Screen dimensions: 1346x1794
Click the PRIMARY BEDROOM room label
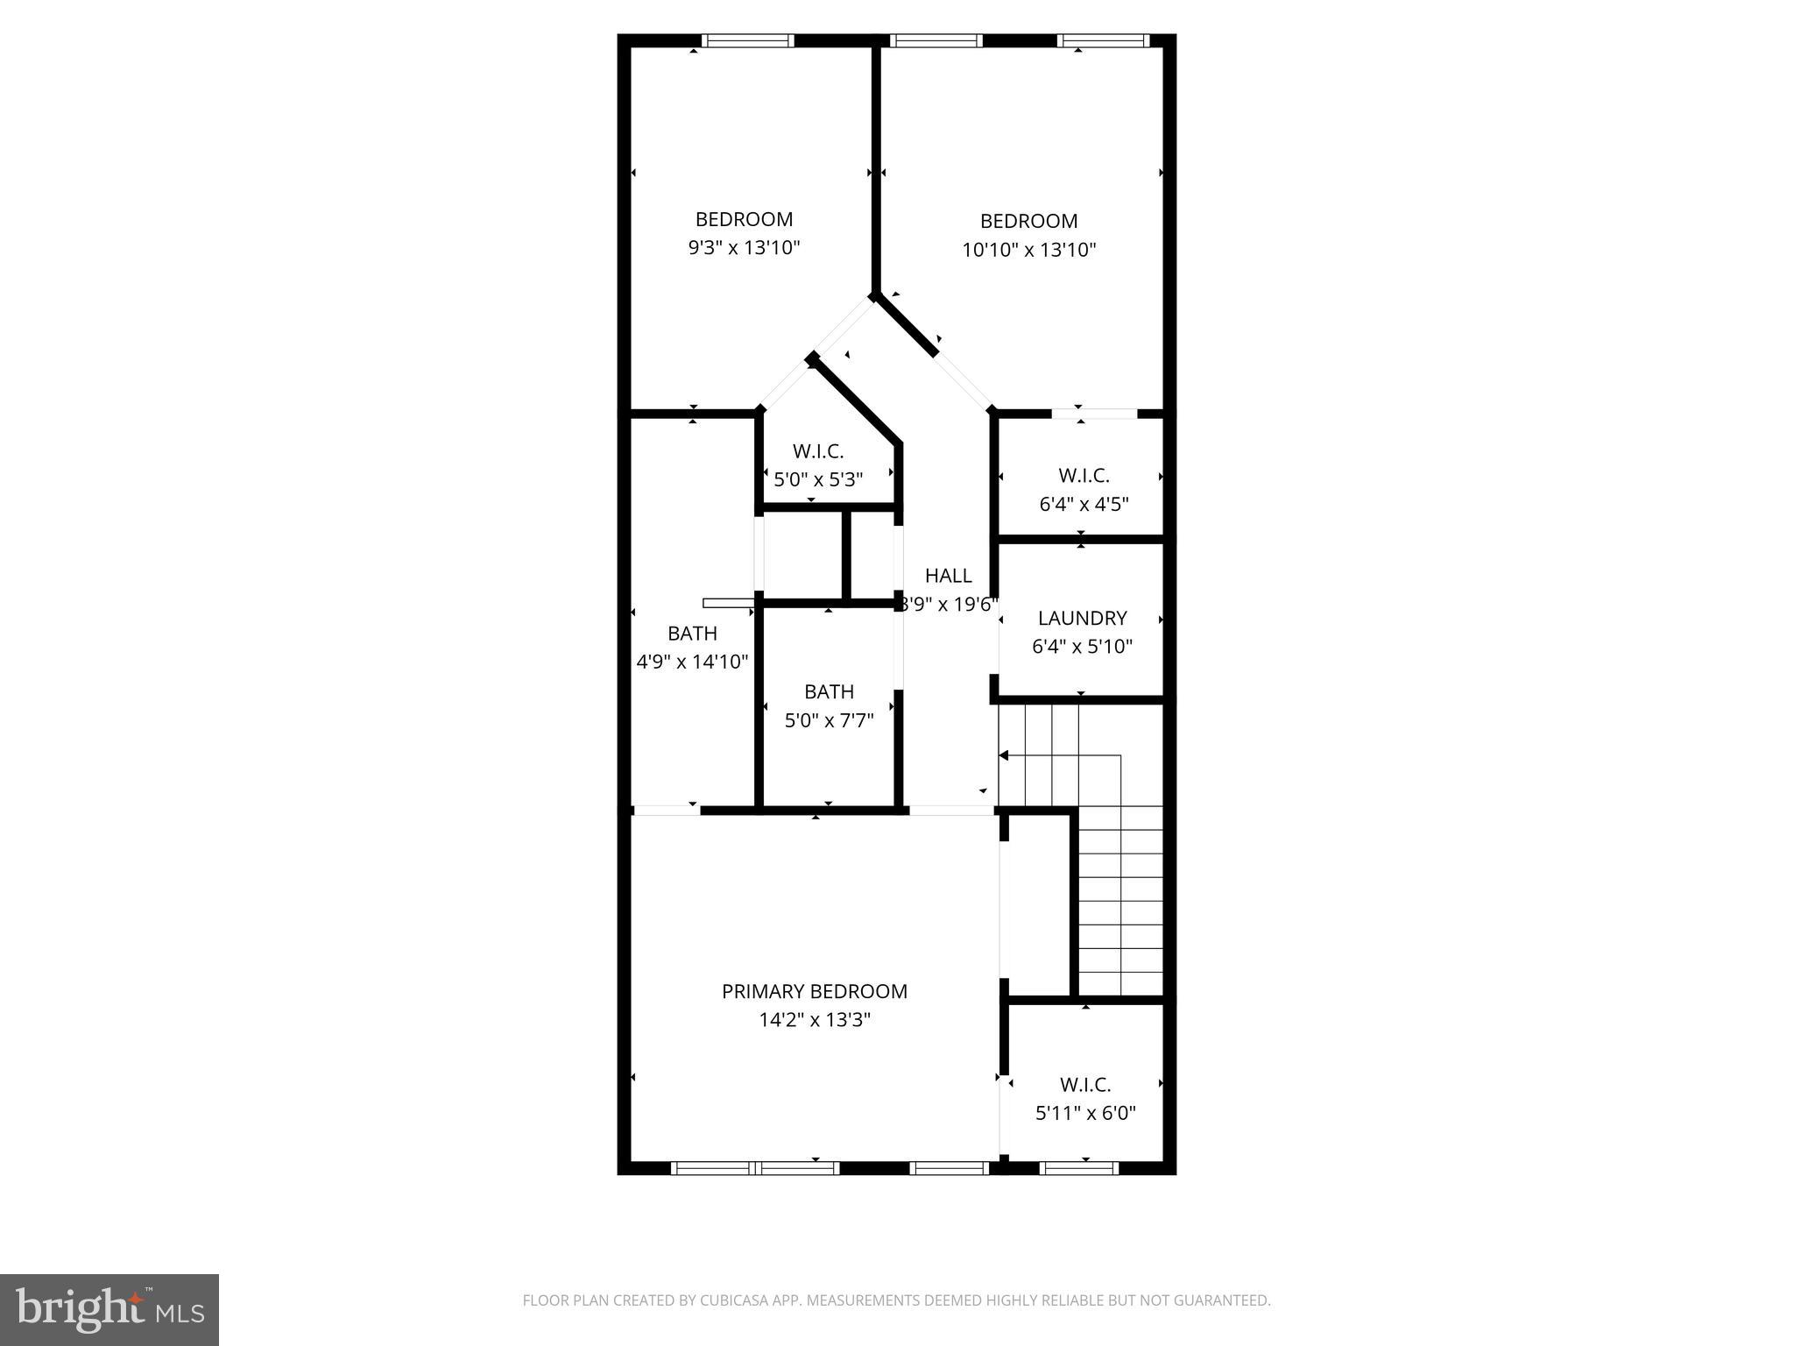814,991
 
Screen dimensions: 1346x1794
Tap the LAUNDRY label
1082,618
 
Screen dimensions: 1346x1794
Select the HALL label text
948,576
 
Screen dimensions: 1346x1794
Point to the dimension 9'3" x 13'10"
744,248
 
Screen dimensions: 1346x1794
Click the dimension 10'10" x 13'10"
1028,250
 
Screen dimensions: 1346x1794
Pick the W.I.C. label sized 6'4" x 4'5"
1084,475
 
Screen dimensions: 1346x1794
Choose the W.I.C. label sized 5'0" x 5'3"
817,451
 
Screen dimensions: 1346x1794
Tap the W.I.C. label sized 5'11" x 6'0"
1084,1084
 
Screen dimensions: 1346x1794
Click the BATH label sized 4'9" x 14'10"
692,633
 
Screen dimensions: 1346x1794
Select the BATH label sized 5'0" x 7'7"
829,691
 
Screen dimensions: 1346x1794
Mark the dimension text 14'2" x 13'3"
814,1020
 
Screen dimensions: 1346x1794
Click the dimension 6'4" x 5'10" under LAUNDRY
1082,647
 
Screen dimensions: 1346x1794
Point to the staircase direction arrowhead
1005,755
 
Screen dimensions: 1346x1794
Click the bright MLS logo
109,1310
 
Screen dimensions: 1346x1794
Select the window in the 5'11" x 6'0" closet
1078,1167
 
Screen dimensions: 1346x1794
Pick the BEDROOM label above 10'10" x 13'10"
1028,221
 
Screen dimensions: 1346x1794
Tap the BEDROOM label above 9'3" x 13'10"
744,219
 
